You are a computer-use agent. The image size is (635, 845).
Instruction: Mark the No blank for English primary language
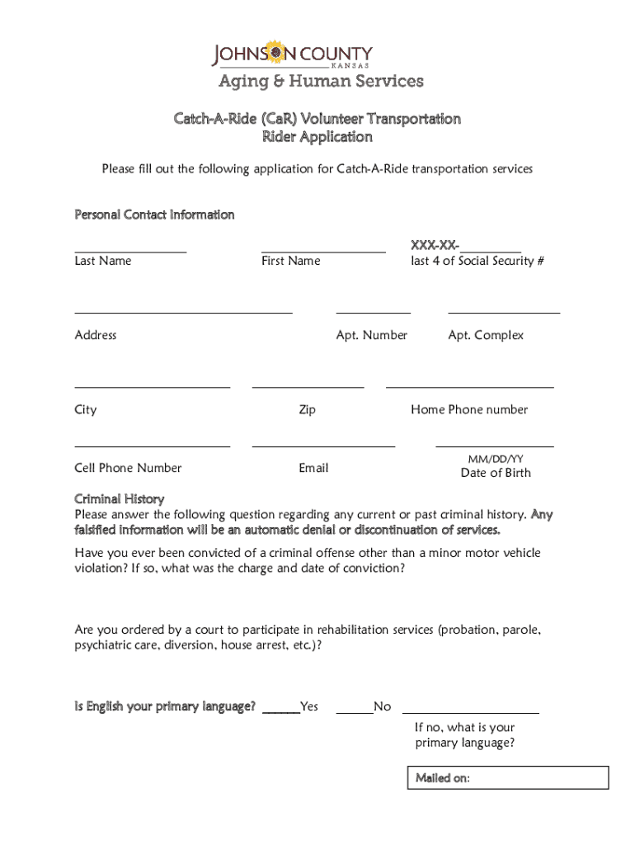(355, 707)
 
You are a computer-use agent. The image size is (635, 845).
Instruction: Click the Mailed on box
(508, 777)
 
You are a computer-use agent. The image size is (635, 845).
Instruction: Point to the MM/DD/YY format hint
(496, 459)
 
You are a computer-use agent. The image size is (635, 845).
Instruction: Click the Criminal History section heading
(120, 499)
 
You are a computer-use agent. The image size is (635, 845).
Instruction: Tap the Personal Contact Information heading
(154, 215)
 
